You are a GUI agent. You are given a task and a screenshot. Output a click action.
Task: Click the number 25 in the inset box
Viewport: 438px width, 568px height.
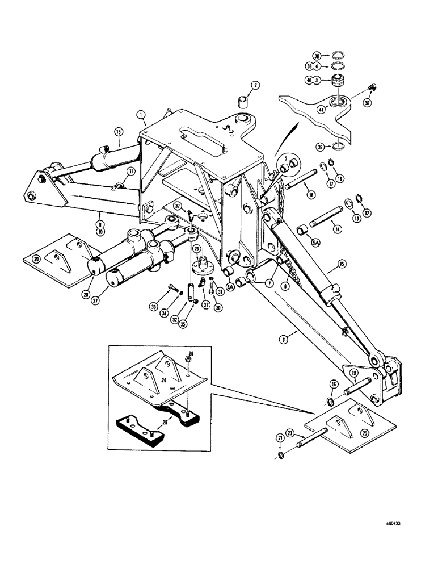[149, 423]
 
